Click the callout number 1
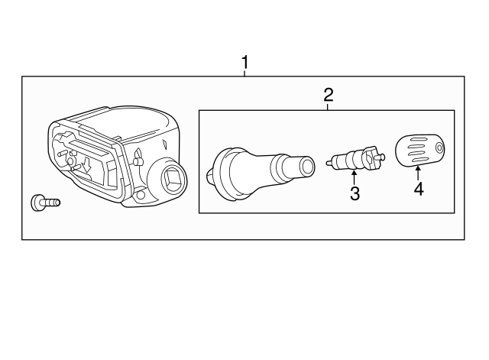245,63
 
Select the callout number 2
329,95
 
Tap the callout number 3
355,193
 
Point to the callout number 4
419,189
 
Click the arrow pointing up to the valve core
354,177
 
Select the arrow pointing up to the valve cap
418,174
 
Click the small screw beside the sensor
46,203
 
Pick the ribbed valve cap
420,151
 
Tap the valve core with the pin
355,159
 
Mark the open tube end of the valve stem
307,165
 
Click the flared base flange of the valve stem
221,175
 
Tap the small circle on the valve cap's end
440,148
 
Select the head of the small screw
37,203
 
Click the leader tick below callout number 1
244,73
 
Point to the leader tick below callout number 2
328,107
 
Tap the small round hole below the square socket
141,195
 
